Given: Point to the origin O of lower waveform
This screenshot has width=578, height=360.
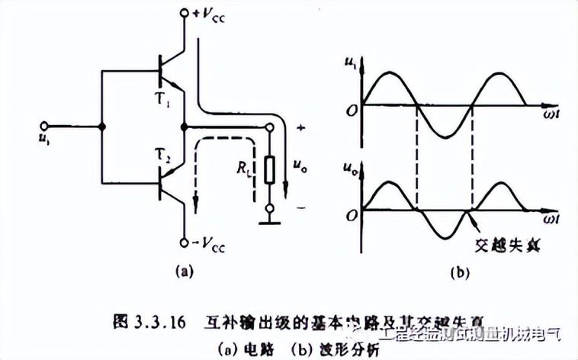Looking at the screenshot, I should (x=352, y=215).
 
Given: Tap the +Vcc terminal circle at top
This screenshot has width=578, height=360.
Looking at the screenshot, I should (x=184, y=14).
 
